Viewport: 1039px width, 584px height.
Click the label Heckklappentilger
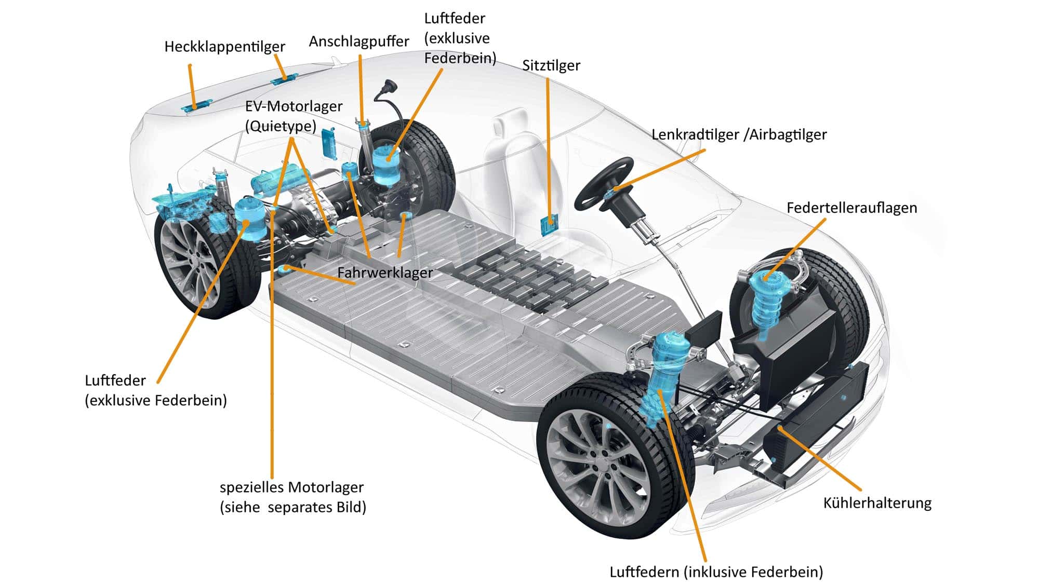(224, 47)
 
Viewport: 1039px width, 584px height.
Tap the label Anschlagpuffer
(358, 42)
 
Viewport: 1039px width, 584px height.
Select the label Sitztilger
(551, 65)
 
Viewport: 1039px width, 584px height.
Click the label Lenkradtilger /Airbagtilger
(739, 134)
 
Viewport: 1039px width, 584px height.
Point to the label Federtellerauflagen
(851, 208)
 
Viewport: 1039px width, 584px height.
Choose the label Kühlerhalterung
(877, 502)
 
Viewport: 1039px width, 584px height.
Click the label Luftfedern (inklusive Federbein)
(716, 572)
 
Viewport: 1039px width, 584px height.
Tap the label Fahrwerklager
(385, 273)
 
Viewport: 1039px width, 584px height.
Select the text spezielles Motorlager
(291, 487)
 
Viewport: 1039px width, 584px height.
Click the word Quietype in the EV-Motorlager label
(281, 126)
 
